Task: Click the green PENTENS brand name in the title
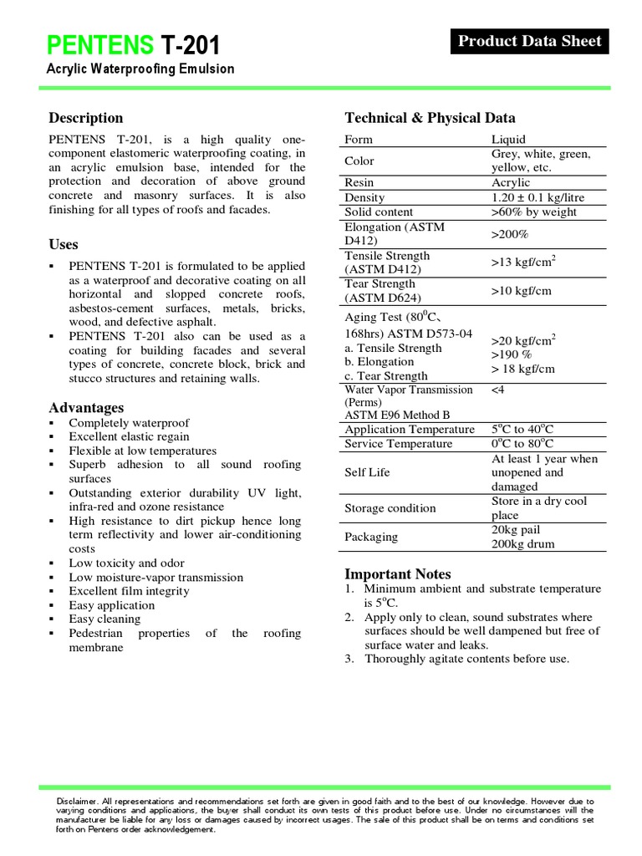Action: (99, 45)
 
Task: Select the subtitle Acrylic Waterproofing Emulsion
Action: (140, 69)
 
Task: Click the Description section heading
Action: (85, 118)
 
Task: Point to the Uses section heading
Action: (64, 244)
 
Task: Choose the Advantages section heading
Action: (86, 407)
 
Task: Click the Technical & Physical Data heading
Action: (430, 118)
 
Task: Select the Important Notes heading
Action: (397, 573)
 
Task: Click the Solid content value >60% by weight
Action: (534, 211)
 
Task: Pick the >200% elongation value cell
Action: (512, 234)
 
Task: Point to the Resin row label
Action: (359, 182)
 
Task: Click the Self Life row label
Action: (367, 472)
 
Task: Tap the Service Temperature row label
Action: (398, 444)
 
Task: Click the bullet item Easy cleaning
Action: (104, 619)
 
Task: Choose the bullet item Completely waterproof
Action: (129, 423)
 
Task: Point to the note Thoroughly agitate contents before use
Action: (466, 659)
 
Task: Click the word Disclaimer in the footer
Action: (69, 801)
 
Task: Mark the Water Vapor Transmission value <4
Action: (498, 390)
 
